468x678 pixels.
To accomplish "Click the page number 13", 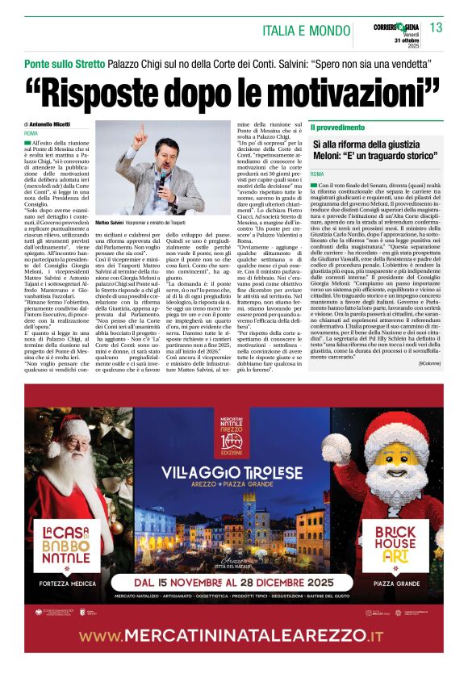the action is tap(437, 27).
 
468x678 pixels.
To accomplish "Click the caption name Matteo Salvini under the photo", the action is tap(112, 221).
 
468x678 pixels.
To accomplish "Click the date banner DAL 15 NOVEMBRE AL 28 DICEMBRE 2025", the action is tap(235, 580).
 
